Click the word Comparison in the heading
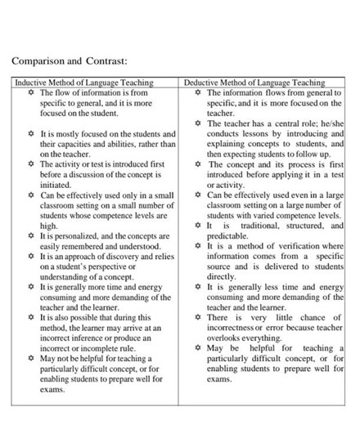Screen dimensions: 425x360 38,61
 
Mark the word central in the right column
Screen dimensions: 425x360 281,123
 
